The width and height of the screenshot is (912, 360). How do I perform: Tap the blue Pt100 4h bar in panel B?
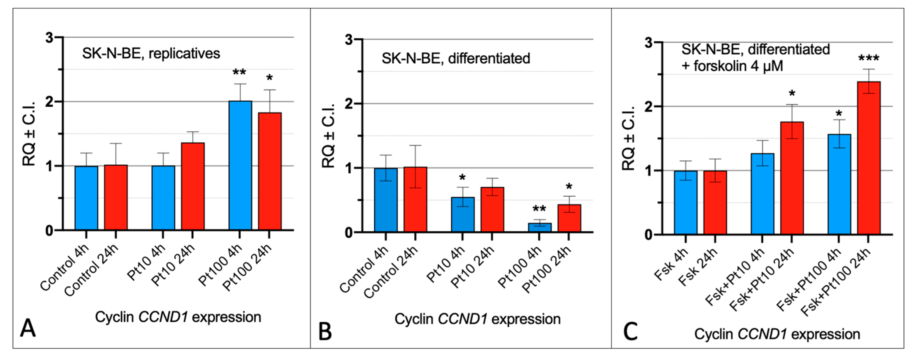(540, 227)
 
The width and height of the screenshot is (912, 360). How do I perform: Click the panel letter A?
(28, 328)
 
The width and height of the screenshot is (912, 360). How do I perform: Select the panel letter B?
(325, 332)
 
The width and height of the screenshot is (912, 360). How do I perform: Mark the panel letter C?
(630, 332)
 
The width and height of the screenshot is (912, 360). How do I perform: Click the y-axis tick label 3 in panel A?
(50, 37)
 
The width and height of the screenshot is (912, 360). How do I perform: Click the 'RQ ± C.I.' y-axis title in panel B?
(328, 136)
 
